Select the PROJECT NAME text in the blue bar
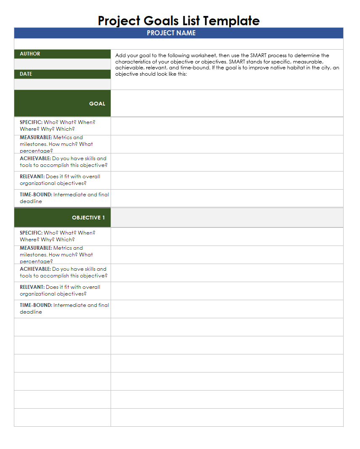click(171, 33)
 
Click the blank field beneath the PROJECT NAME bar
click(178, 44)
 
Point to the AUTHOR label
click(30, 54)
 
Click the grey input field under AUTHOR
click(62, 64)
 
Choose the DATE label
click(26, 74)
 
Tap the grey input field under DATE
click(62, 84)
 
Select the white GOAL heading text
click(97, 104)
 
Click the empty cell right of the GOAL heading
click(227, 103)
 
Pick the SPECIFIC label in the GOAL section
click(31, 122)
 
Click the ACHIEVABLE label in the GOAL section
click(35, 158)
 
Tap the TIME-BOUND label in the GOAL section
click(36, 195)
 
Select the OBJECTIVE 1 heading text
click(88, 218)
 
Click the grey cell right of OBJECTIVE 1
click(227, 218)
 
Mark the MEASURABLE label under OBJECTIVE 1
click(36, 248)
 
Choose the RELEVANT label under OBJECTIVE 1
click(32, 287)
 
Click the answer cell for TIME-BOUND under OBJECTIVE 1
click(227, 309)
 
